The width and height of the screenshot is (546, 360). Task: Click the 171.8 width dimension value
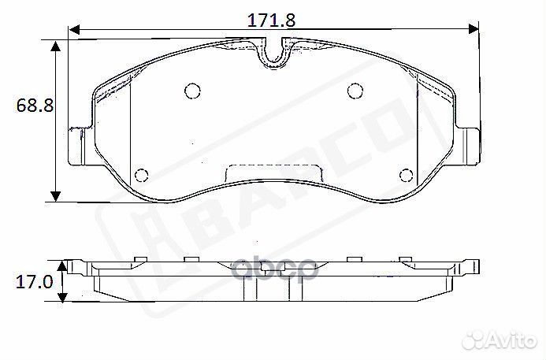pos(272,20)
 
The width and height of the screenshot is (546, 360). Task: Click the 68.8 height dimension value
pos(34,106)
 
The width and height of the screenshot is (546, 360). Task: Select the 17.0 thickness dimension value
pos(34,281)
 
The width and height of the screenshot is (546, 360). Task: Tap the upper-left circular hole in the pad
pos(191,91)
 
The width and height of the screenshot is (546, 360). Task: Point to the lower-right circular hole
pos(406,175)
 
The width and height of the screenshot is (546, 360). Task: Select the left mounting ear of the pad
pos(79,146)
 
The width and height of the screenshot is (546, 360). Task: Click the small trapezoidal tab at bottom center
pos(273,173)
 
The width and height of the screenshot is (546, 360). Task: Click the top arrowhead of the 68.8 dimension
pos(56,48)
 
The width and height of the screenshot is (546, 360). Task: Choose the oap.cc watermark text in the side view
pos(273,269)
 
